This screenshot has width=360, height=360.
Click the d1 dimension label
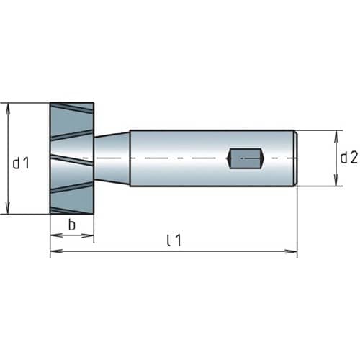21,163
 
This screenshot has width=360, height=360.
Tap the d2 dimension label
348,158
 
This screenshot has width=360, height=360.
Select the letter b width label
72,225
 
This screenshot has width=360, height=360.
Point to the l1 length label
174,240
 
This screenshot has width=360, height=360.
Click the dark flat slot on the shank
246,158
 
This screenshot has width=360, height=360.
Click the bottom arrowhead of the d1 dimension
8,207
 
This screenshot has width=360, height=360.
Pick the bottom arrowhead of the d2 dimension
336,180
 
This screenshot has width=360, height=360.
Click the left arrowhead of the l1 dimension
56,251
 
